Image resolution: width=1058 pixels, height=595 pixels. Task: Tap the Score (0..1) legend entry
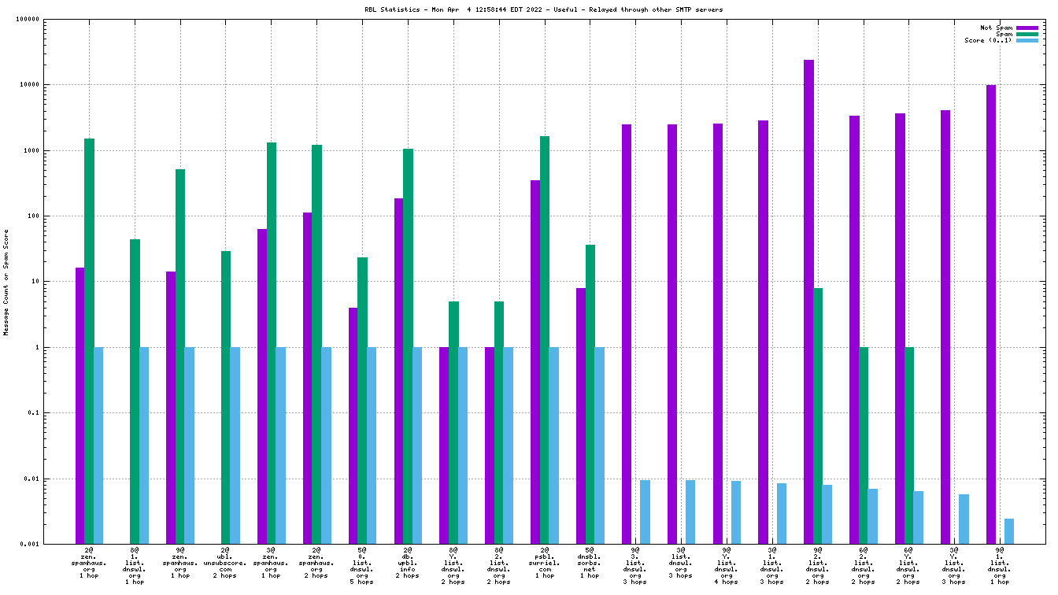click(988, 40)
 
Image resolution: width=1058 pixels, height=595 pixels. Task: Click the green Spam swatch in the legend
click(1027, 34)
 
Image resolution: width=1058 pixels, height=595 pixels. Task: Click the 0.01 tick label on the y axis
click(31, 479)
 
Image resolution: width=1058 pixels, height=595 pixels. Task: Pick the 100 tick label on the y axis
click(33, 216)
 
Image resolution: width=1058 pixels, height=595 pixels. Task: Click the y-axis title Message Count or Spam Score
click(6, 283)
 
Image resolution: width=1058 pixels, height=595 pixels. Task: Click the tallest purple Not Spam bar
click(808, 301)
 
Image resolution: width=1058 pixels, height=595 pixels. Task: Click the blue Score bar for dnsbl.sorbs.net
click(599, 445)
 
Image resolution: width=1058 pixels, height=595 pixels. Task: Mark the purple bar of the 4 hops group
click(718, 334)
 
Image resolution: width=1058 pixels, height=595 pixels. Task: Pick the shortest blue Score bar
click(1009, 531)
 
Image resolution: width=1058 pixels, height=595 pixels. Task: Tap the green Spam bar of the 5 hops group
click(362, 401)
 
